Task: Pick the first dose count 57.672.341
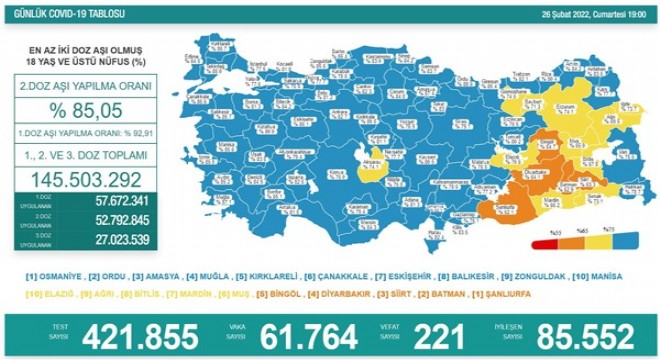[x=107, y=202]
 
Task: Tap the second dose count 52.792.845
[x=107, y=221]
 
